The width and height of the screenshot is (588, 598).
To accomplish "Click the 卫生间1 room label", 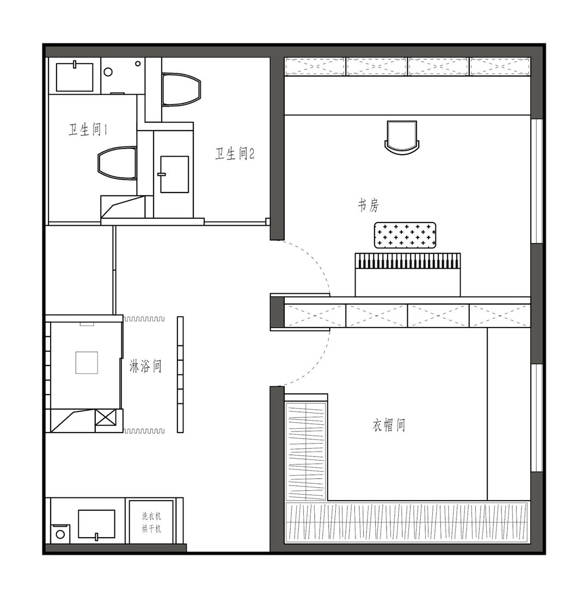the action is (x=88, y=130).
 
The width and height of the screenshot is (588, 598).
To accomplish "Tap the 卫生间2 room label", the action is (x=235, y=153).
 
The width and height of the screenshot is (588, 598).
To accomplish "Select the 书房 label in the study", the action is (x=369, y=206).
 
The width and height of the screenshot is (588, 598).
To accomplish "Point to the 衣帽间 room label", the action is (x=389, y=425).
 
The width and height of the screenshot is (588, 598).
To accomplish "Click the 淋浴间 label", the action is (x=145, y=366).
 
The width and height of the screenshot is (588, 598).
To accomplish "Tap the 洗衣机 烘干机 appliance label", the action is (x=151, y=522).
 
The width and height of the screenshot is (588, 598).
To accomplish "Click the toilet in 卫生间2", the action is (x=181, y=89).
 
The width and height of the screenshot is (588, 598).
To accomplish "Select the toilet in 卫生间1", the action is (x=117, y=163).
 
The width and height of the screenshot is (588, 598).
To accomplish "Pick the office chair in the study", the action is (x=402, y=138).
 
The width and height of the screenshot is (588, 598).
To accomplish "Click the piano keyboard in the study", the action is (x=408, y=261).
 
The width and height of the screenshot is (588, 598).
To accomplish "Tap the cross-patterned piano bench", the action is (x=405, y=235).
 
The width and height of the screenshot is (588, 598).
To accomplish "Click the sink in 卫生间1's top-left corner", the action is (x=75, y=77).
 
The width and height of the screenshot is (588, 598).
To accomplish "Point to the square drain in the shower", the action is (x=87, y=363).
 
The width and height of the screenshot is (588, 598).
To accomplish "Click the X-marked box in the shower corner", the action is (x=106, y=417).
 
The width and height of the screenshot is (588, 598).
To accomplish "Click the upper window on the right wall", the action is (x=537, y=181).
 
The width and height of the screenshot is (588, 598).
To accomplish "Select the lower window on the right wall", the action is (x=537, y=418).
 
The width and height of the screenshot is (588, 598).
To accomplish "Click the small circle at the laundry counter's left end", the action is (x=60, y=534).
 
